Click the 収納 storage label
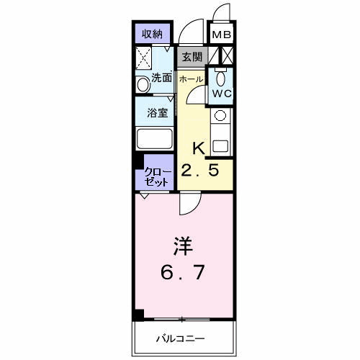click(151, 33)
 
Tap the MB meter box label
click(220, 34)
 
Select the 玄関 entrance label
click(191, 56)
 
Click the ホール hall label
click(191, 78)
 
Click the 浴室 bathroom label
click(158, 113)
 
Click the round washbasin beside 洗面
click(143, 85)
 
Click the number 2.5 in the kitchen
click(199, 171)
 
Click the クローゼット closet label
click(158, 177)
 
